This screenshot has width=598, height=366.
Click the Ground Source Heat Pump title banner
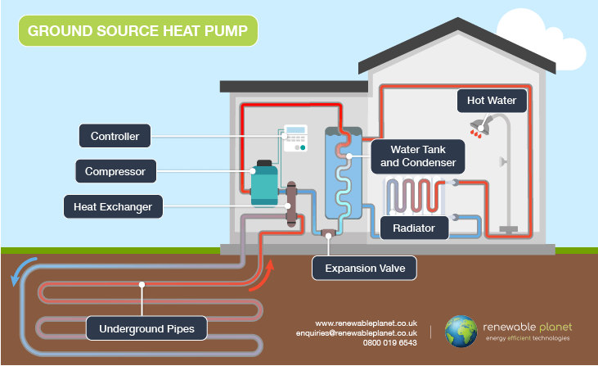pyautogui.click(x=137, y=31)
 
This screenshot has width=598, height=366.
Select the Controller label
pyautogui.click(x=115, y=136)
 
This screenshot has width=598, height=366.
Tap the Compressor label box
pyautogui.click(x=115, y=172)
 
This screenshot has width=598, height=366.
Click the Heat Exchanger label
pyautogui.click(x=114, y=207)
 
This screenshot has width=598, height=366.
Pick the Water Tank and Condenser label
pyautogui.click(x=416, y=156)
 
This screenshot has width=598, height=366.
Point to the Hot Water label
pyautogui.click(x=491, y=102)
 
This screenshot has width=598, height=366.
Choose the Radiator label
pyautogui.click(x=414, y=227)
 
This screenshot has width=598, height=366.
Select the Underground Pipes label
pyautogui.click(x=147, y=330)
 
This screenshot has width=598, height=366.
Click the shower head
pyautogui.click(x=479, y=126)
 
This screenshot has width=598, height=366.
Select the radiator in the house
pyautogui.click(x=415, y=196)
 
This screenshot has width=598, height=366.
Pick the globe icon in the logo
pyautogui.click(x=461, y=332)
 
